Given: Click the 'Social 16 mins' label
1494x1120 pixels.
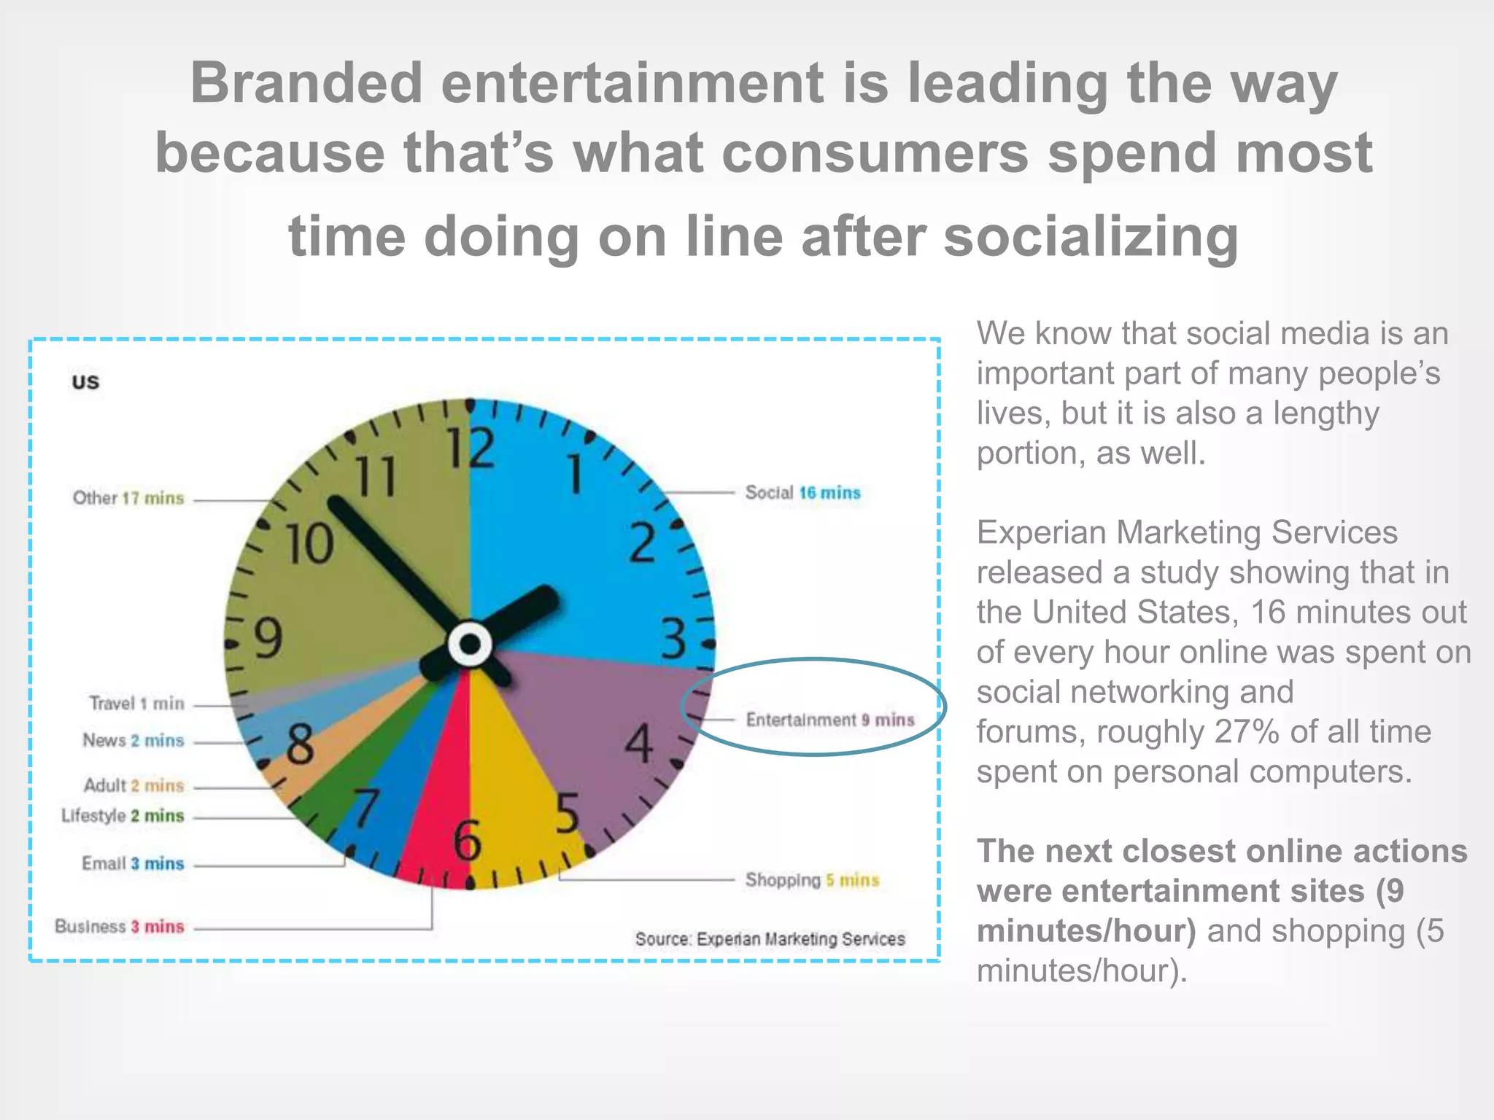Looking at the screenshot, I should click(802, 493).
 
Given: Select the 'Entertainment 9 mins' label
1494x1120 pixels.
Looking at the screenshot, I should click(829, 720).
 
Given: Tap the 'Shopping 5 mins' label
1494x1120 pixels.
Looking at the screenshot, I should click(812, 880).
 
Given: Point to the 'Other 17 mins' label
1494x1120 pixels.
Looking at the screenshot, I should click(128, 498).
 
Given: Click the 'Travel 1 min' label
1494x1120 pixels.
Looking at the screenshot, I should click(136, 704).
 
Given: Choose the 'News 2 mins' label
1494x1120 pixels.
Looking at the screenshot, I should click(133, 741).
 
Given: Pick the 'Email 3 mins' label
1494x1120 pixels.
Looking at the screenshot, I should click(133, 864).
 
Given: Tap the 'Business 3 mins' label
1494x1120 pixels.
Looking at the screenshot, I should click(120, 927).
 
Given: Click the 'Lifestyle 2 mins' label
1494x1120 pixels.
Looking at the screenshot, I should click(123, 816).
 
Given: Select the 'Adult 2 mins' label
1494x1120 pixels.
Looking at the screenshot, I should click(133, 785).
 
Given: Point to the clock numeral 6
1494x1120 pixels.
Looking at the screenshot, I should click(468, 841).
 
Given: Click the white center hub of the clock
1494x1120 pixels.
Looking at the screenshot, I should click(470, 645).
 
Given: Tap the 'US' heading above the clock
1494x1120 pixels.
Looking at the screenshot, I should click(85, 382).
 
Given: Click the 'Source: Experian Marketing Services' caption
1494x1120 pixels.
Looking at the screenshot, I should click(770, 939).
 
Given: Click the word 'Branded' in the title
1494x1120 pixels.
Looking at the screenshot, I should click(306, 83).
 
